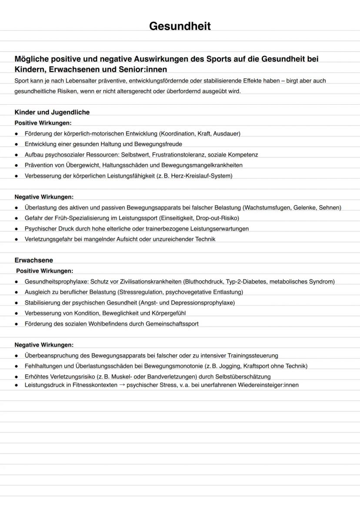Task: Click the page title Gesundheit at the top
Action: coord(180,27)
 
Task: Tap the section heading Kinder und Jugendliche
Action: coord(52,112)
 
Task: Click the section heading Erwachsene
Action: coord(33,260)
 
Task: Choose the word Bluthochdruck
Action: coord(204,282)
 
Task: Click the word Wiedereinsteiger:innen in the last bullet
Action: coord(268,385)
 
